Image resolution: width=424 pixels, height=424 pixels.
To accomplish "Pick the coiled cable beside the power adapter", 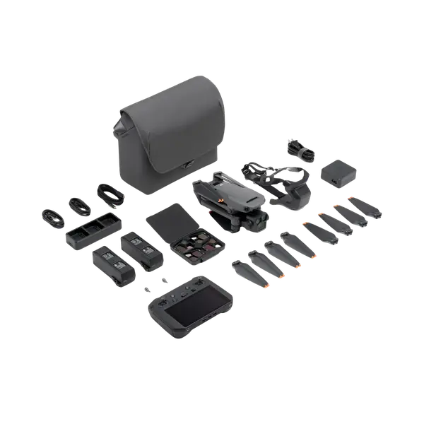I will tap(298, 149).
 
